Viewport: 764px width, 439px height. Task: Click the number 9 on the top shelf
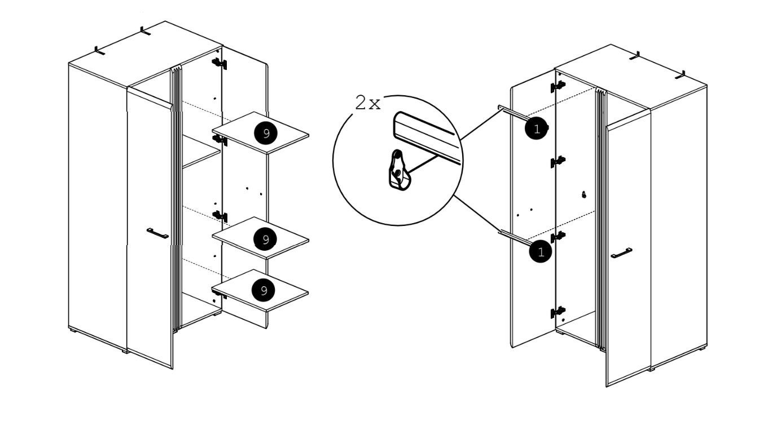pyautogui.click(x=265, y=133)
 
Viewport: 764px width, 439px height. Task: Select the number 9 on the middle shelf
pyautogui.click(x=265, y=239)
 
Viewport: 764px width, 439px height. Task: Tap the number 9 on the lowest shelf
pyautogui.click(x=263, y=290)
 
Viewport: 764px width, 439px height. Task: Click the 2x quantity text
pyautogui.click(x=367, y=104)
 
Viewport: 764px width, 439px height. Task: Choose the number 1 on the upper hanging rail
pyautogui.click(x=537, y=129)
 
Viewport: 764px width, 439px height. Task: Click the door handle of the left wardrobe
pyautogui.click(x=157, y=233)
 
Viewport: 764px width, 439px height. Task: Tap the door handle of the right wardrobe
pyautogui.click(x=621, y=253)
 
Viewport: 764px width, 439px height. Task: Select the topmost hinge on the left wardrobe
pyautogui.click(x=219, y=63)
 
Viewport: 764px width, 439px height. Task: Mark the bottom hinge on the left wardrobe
pyautogui.click(x=219, y=293)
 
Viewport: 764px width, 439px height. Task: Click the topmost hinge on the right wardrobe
pyautogui.click(x=558, y=85)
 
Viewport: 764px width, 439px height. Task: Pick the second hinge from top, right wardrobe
pyautogui.click(x=558, y=161)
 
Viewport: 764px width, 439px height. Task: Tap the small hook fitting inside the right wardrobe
pyautogui.click(x=584, y=194)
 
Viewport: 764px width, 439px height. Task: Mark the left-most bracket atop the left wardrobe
pyautogui.click(x=100, y=51)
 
